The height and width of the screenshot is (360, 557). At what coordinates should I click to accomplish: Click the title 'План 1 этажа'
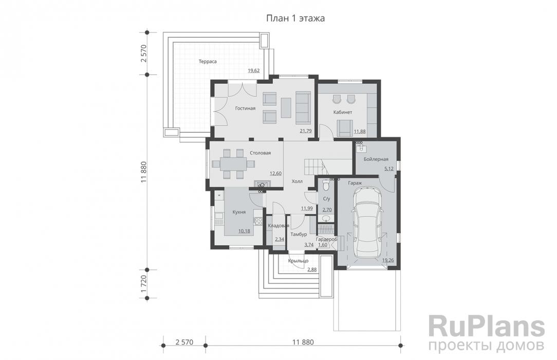click(295, 18)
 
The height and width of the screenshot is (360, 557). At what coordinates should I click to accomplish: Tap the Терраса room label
click(208, 62)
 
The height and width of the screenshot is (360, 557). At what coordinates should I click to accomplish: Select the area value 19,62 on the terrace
click(254, 70)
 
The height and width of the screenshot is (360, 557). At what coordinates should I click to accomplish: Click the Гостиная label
click(245, 109)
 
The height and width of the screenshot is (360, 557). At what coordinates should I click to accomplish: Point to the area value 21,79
click(306, 131)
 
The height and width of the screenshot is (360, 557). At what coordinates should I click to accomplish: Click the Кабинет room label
click(342, 112)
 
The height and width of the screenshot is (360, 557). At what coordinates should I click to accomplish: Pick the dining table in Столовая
click(233, 164)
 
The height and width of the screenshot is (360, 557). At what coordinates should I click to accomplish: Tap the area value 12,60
click(275, 173)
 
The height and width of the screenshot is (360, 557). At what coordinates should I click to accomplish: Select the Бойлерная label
click(376, 159)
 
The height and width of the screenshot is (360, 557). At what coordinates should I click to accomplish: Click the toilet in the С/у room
click(326, 186)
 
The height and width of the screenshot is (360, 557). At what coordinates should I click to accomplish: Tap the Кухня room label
click(239, 212)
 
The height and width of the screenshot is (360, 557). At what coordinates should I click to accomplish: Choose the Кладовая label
click(278, 226)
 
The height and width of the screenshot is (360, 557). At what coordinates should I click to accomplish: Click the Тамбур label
click(299, 235)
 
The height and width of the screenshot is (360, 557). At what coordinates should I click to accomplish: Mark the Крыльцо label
click(299, 261)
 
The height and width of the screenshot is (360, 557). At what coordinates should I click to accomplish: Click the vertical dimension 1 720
click(143, 284)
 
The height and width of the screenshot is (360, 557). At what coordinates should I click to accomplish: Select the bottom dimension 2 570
click(184, 342)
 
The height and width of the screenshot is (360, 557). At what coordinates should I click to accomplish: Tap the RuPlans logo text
click(486, 327)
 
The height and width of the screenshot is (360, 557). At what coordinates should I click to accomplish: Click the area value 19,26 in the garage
click(388, 260)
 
